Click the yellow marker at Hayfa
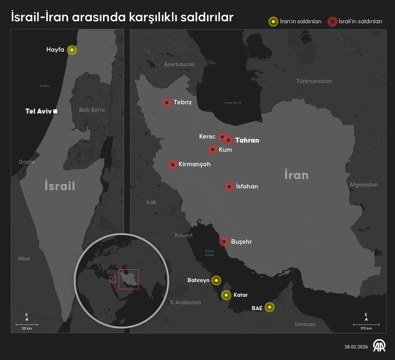tap(72, 50)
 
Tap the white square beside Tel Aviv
tap(55, 111)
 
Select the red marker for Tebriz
tap(167, 103)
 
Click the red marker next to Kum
tap(212, 150)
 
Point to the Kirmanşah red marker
tap(173, 165)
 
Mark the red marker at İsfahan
tap(229, 186)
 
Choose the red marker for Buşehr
tap(224, 242)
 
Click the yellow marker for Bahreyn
tap(216, 280)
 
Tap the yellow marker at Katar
tap(226, 295)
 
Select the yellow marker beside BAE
tap(269, 307)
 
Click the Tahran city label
tap(247, 140)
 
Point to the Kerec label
tap(207, 136)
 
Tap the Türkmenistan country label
tap(314, 81)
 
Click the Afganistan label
tap(364, 185)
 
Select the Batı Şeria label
tap(92, 110)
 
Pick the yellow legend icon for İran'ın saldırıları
tap(273, 22)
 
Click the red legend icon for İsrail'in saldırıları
tap(332, 22)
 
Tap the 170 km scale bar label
tap(366, 328)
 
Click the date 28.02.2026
tap(356, 347)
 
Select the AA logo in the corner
tap(379, 346)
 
